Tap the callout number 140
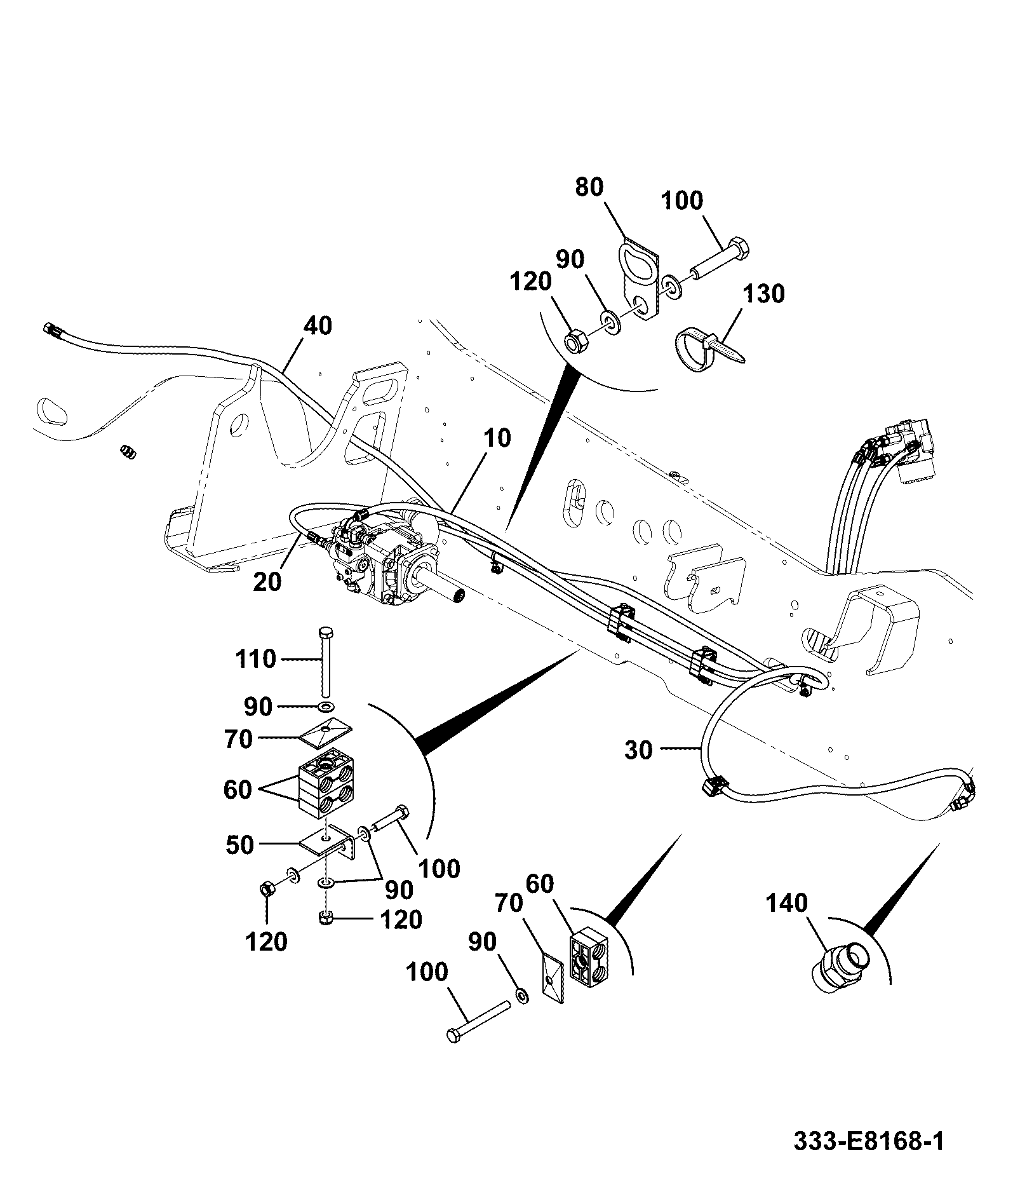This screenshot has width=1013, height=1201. click(x=786, y=903)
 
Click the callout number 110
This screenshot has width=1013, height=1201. click(x=255, y=659)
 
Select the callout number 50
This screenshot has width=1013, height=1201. click(x=239, y=845)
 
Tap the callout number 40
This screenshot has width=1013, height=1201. click(x=318, y=326)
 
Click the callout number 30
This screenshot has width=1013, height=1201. click(x=638, y=750)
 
